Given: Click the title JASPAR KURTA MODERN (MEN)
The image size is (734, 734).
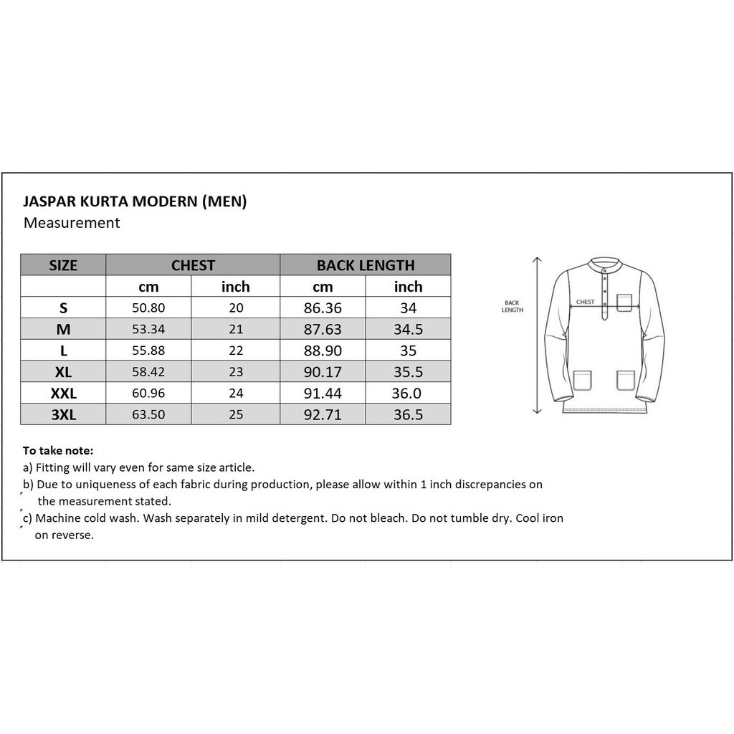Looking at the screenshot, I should [135, 201].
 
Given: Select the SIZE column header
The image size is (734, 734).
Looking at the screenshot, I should [63, 265].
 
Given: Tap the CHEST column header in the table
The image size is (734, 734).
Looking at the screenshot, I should [193, 265].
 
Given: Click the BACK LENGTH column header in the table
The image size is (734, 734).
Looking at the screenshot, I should [366, 265].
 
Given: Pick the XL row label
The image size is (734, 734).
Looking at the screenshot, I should [63, 372].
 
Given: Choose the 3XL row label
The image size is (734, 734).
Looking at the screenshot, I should [63, 414].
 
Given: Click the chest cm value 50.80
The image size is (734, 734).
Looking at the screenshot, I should [148, 308].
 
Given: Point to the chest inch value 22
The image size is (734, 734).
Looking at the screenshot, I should [236, 351].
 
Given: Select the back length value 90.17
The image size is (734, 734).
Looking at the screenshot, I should [323, 372].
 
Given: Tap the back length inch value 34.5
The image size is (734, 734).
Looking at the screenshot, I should [408, 330].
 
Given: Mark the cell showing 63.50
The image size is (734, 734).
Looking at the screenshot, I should [148, 414].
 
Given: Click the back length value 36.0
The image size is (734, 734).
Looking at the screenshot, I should [408, 394].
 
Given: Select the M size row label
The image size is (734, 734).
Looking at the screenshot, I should [63, 330].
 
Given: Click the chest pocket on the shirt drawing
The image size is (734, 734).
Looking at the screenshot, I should [624, 303].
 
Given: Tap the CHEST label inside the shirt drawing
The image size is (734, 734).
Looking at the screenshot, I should [585, 302].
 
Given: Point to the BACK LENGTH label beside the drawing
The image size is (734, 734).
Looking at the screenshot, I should [513, 306].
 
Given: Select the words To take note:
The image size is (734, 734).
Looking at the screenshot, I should [58, 451].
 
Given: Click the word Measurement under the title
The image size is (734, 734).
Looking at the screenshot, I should [72, 223].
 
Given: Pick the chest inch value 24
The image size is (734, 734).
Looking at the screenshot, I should [236, 394].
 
